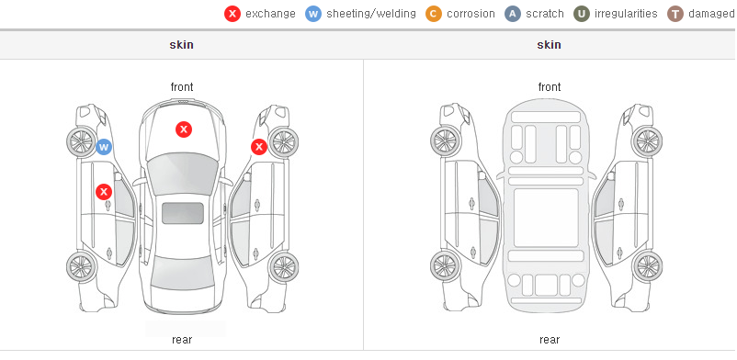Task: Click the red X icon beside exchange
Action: tap(232, 14)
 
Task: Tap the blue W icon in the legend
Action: tap(313, 14)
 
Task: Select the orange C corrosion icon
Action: tap(434, 14)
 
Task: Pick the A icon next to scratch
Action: tap(513, 14)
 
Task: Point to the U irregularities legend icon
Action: tap(582, 14)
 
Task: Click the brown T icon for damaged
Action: tap(675, 14)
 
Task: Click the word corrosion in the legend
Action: tap(471, 14)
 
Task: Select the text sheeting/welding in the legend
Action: tap(371, 14)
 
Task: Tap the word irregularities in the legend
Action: tap(626, 14)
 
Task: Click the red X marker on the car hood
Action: tap(184, 129)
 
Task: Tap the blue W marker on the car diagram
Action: tap(104, 147)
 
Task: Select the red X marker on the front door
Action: tap(104, 192)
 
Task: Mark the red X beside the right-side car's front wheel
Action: tap(258, 147)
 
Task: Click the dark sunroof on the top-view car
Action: tap(183, 213)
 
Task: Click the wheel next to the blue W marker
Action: tap(81, 141)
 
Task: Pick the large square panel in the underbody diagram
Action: tap(546, 218)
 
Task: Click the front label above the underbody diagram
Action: tap(550, 87)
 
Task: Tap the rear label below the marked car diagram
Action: tap(182, 340)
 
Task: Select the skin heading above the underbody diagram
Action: tap(549, 45)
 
